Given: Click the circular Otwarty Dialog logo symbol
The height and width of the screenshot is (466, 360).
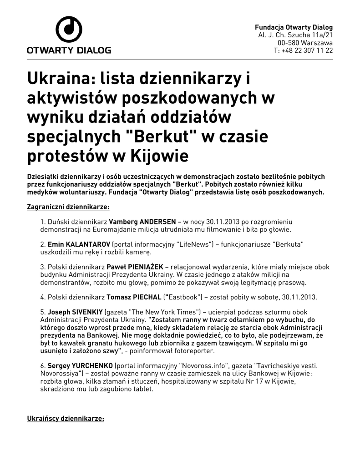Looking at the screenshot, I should [x=69, y=30].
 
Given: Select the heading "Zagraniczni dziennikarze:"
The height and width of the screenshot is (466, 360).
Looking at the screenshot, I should [x=69, y=207].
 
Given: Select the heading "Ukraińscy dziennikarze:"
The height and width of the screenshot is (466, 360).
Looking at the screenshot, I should [x=66, y=417].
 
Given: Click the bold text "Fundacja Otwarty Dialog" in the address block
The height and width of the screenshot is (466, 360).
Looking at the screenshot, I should [x=294, y=27].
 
